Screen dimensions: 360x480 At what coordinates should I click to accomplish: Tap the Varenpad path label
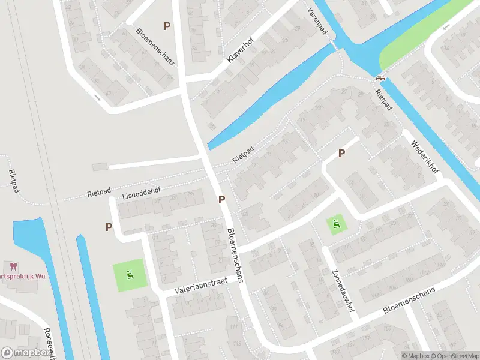tap(318, 20)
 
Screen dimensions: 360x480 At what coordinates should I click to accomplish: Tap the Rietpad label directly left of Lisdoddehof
tap(100, 193)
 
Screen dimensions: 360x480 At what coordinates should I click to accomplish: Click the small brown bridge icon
tap(380, 77)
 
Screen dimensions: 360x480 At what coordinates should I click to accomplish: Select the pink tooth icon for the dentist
tap(11, 266)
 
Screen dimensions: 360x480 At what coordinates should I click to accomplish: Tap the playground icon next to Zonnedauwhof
tap(337, 225)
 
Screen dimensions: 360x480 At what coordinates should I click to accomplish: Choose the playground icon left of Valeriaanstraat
tap(130, 275)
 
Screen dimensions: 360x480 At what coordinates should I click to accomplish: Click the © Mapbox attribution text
tap(415, 356)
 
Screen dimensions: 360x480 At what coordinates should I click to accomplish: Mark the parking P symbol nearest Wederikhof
tap(341, 153)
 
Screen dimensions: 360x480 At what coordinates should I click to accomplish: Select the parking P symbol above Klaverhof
tap(167, 26)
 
